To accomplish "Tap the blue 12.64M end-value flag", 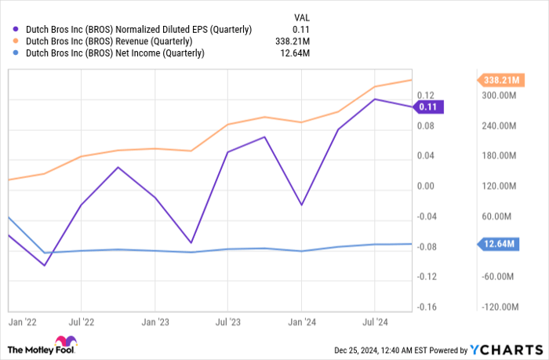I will coord(496,245).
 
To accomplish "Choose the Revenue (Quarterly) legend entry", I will coord(109,41).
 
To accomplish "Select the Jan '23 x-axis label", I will coord(155,321).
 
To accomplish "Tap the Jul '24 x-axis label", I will coord(375,321).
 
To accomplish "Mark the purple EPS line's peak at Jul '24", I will coord(375,99).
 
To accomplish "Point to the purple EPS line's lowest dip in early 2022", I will coord(45,265).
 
